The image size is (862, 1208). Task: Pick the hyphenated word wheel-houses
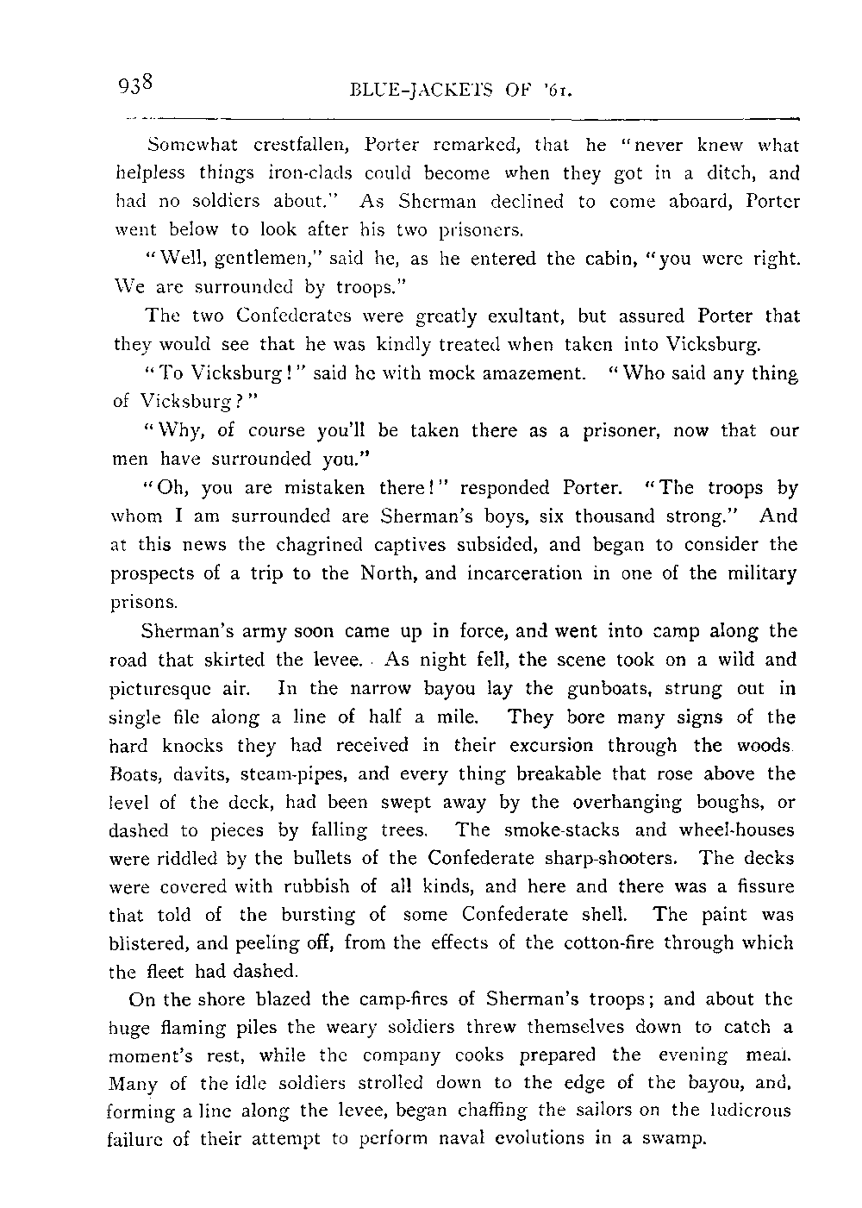point(738,830)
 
